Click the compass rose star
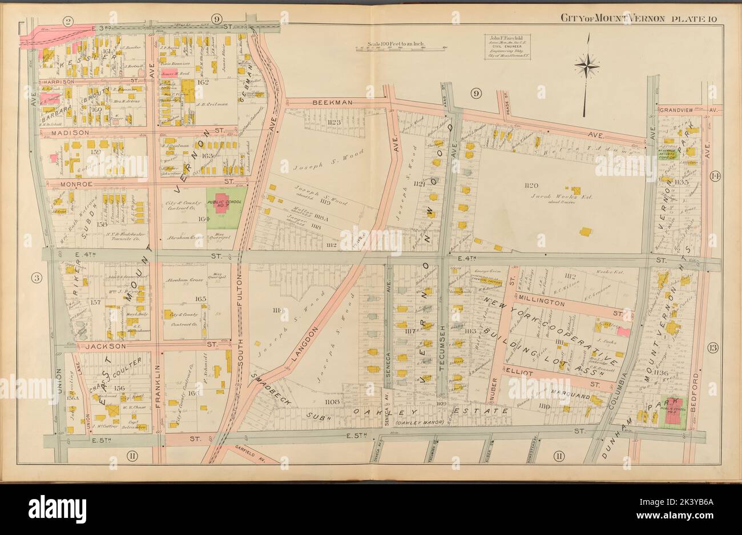click(587, 66)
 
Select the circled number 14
click(715, 176)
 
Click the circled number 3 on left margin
click(37, 279)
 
